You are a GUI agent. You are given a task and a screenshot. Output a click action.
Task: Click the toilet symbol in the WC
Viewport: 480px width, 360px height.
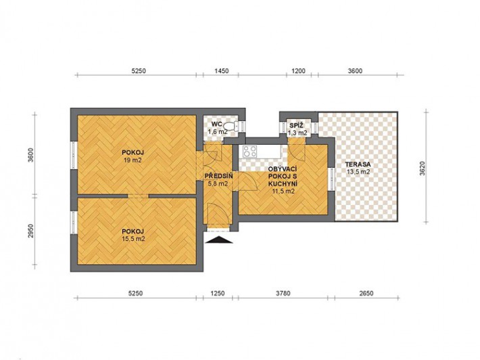coord(231,126)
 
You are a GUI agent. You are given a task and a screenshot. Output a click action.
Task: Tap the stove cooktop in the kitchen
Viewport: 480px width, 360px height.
coord(249,152)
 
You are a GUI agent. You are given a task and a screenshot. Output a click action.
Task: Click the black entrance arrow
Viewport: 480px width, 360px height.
coord(218,240)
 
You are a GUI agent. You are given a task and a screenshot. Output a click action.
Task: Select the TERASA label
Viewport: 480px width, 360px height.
coord(358,164)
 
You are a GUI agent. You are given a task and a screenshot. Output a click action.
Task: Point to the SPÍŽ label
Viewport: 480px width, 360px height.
coord(296,125)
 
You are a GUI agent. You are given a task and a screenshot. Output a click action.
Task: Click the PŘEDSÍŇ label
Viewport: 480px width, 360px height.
coord(219,177)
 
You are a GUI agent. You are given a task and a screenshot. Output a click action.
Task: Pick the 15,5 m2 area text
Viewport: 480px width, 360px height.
coord(133,239)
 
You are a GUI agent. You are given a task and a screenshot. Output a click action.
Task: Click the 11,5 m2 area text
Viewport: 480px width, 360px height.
coord(283,192)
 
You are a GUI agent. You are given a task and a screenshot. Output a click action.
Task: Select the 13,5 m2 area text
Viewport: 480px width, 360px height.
coord(358,172)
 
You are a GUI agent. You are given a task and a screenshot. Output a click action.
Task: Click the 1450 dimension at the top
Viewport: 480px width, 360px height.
coord(221,71)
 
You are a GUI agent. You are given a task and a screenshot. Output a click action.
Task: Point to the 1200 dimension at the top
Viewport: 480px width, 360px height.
coord(298,71)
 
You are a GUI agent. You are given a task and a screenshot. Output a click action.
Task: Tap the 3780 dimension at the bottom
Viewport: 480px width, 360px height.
coord(283,293)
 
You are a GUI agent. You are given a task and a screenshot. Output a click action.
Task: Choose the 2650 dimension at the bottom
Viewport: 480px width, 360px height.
coord(366,293)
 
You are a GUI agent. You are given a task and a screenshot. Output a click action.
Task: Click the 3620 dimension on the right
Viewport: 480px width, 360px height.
coord(423,168)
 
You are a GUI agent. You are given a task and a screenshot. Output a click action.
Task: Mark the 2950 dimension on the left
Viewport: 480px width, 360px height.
coord(30,231)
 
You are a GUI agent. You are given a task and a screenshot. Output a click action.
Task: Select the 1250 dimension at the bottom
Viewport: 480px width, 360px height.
coord(217,293)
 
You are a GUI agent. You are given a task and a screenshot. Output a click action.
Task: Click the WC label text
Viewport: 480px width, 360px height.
coord(216,125)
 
